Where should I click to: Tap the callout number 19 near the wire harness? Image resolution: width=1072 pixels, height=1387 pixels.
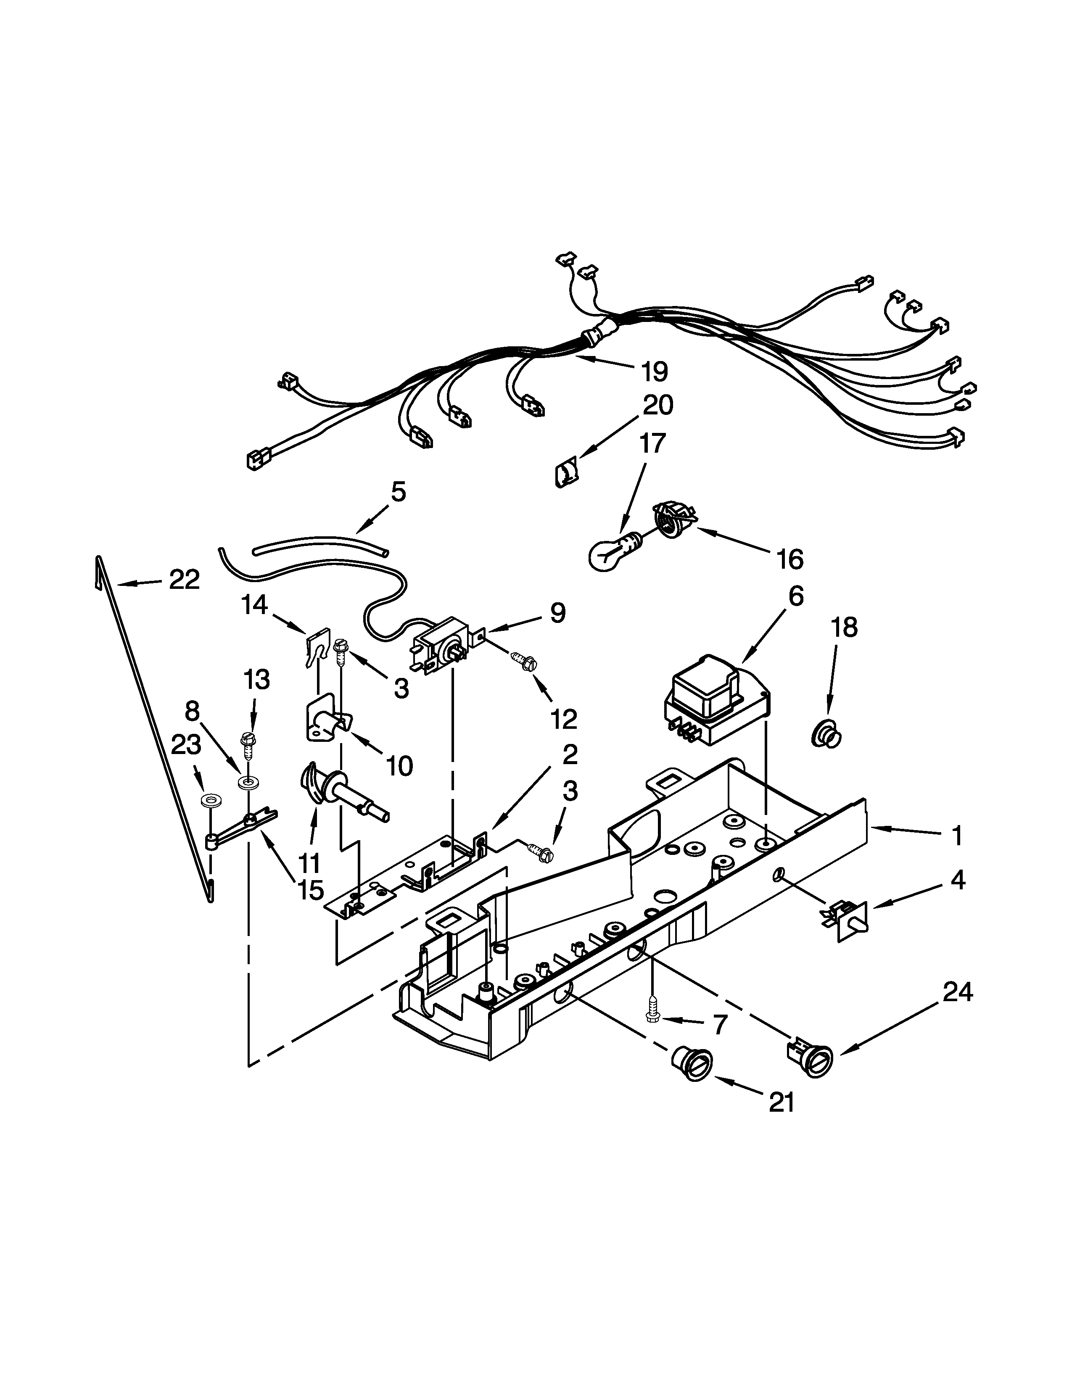655,372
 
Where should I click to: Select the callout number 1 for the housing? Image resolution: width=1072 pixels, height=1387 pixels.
956,836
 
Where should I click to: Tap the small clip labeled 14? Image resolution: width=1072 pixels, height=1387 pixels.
316,645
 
